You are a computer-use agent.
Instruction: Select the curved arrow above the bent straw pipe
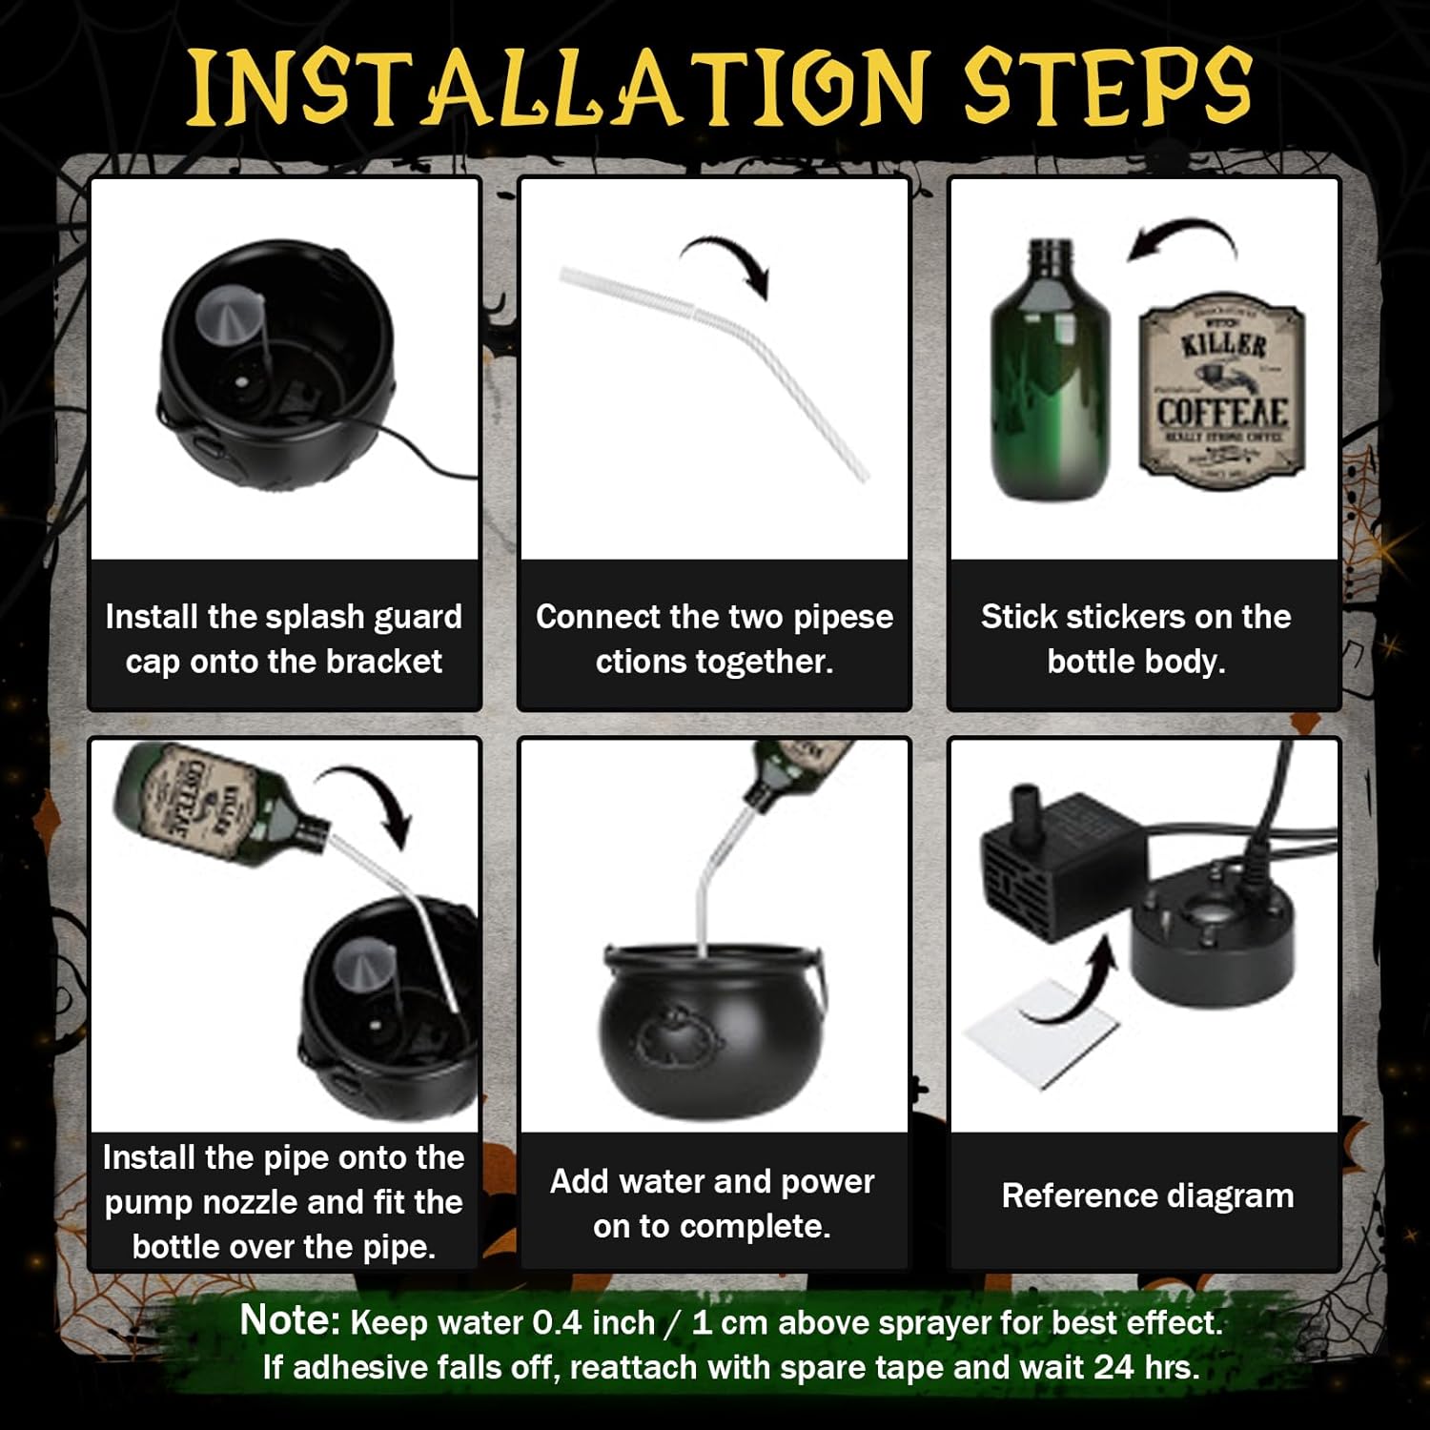pyautogui.click(x=729, y=259)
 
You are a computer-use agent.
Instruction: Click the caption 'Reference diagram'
pyautogui.click(x=1147, y=1195)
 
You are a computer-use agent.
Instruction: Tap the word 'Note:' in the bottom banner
pyautogui.click(x=290, y=1320)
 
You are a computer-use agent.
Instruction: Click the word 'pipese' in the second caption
pyautogui.click(x=844, y=617)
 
